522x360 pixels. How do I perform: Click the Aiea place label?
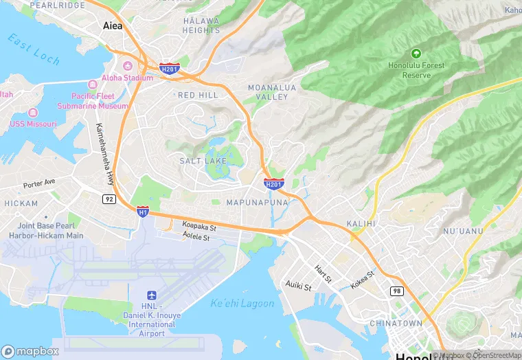pyautogui.click(x=112, y=25)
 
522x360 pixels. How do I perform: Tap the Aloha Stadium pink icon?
pyautogui.click(x=127, y=65)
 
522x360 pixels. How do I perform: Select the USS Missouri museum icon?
pyautogui.click(x=32, y=112)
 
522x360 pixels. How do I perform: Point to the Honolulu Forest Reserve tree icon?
pyautogui.click(x=415, y=53)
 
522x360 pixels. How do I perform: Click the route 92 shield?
pyautogui.click(x=109, y=199)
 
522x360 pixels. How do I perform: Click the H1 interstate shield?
pyautogui.click(x=142, y=212)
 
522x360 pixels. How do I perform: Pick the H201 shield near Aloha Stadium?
pyautogui.click(x=169, y=68)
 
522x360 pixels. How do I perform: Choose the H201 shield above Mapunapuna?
pyautogui.click(x=273, y=183)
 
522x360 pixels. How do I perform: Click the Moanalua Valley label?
pyautogui.click(x=267, y=93)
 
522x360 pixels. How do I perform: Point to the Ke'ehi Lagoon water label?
pyautogui.click(x=242, y=303)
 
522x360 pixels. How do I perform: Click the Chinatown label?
pyautogui.click(x=396, y=323)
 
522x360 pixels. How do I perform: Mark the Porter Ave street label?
pyautogui.click(x=38, y=185)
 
